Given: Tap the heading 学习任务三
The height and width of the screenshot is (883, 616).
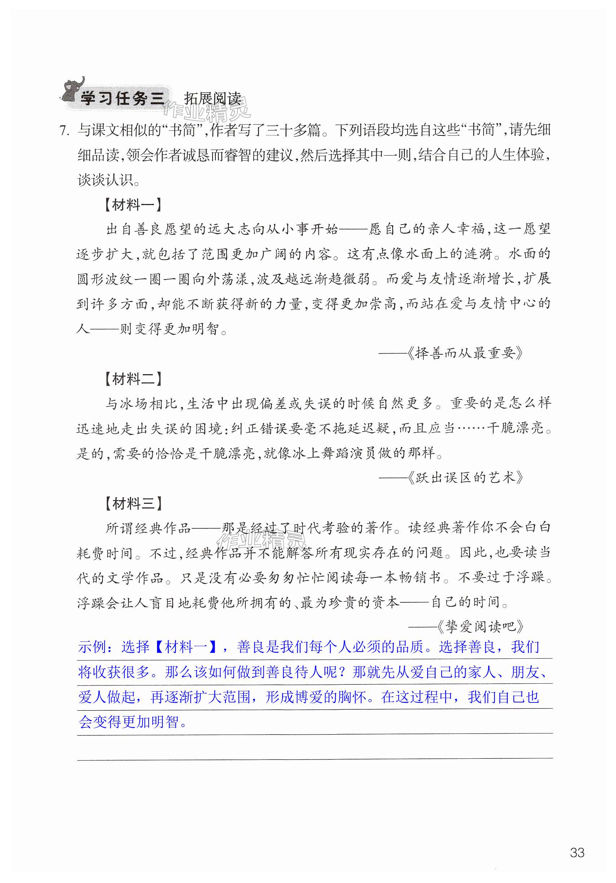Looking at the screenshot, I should pos(122,99).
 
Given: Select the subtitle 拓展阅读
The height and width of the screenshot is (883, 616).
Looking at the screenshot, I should pos(213,99).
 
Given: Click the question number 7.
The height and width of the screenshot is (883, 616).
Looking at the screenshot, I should pos(64,131).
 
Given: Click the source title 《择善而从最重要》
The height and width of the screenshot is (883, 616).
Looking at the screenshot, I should pos(465,353).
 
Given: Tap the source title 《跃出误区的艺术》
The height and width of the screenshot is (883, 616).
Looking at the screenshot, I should pos(465,478).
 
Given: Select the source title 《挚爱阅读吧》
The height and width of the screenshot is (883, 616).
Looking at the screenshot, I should pos(480,627).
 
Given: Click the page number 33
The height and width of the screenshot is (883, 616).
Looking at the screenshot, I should pos(577,852).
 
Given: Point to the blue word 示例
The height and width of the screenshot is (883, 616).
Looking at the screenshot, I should pos(92,647).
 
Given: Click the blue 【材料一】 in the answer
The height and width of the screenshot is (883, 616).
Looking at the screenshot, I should pos(186,647).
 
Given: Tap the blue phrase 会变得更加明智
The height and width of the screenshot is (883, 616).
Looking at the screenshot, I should pos(128,722).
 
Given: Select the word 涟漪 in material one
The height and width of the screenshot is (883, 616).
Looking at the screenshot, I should pos(479,254).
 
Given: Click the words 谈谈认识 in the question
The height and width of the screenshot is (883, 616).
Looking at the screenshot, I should pos(105,180).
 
